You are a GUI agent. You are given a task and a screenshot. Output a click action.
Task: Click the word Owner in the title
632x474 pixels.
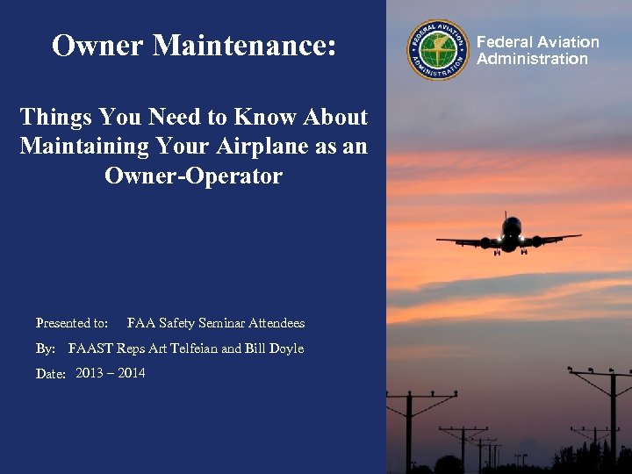point(97,46)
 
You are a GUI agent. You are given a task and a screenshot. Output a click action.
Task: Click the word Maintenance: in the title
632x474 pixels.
point(245,46)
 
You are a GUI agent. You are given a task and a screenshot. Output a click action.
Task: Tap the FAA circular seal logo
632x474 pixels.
point(438,50)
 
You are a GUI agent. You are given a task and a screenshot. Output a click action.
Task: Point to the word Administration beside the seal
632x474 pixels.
point(532,59)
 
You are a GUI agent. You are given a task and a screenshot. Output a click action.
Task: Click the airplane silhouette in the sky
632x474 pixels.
point(510,235)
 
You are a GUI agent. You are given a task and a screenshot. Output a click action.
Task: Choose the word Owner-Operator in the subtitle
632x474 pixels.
point(193,176)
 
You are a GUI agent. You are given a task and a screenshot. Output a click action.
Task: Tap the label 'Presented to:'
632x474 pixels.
point(72,323)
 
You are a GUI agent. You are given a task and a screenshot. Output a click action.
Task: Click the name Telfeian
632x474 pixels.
point(193,348)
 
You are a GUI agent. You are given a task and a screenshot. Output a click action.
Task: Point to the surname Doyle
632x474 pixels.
point(285,348)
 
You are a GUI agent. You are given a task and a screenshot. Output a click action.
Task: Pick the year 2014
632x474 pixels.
point(132,373)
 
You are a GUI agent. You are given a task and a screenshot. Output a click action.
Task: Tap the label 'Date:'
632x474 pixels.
point(51,374)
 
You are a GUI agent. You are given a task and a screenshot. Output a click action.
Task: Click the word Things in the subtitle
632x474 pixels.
point(54,117)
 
